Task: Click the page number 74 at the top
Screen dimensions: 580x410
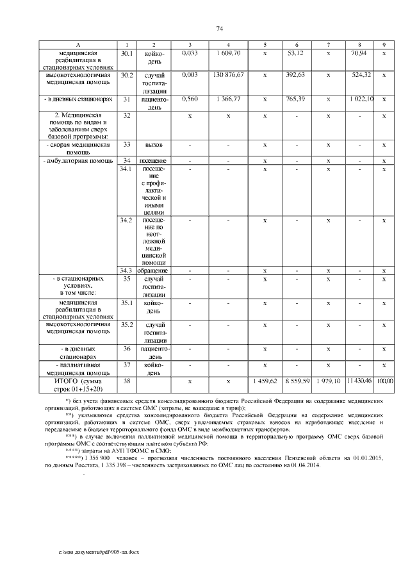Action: click(x=219, y=29)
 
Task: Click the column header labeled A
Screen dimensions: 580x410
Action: click(x=78, y=44)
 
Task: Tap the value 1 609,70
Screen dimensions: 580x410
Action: click(x=228, y=53)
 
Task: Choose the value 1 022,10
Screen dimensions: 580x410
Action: click(x=361, y=100)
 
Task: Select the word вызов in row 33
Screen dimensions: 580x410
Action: click(x=154, y=145)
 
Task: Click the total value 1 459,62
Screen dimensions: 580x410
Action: click(x=264, y=381)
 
